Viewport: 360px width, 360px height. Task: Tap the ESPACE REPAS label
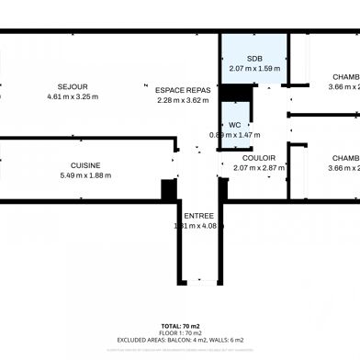[183, 90]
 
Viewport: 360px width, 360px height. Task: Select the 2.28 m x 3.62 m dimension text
[183, 99]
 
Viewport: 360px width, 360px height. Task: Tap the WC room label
[235, 125]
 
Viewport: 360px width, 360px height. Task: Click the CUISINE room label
[85, 165]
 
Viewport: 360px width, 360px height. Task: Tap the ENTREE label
[199, 216]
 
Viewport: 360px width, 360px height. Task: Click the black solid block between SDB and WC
[237, 92]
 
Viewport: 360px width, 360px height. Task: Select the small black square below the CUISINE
[169, 190]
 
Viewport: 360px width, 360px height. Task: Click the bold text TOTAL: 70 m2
[180, 326]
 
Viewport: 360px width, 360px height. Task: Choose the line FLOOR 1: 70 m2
[180, 332]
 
